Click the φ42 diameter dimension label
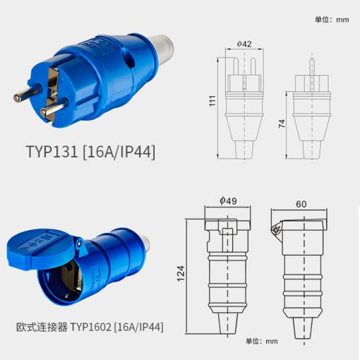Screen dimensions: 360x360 (244, 44)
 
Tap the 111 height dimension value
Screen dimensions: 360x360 (212, 101)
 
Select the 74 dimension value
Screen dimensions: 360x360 (282, 124)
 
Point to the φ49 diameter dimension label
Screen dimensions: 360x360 (228, 200)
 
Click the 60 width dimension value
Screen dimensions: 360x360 (301, 204)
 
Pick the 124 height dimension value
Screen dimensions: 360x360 (181, 274)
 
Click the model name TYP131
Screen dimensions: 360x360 (52, 151)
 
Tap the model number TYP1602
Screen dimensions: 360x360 (90, 327)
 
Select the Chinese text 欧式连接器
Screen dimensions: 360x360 (42, 327)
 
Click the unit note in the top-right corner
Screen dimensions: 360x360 (332, 19)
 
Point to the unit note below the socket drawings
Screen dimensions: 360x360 (262, 341)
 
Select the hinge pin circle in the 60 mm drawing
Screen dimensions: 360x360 (275, 230)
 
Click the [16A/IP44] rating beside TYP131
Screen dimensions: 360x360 (119, 152)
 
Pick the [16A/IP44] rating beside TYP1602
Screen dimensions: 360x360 (138, 327)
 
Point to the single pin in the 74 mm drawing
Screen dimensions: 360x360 (311, 67)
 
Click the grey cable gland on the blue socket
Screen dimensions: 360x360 (146, 244)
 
